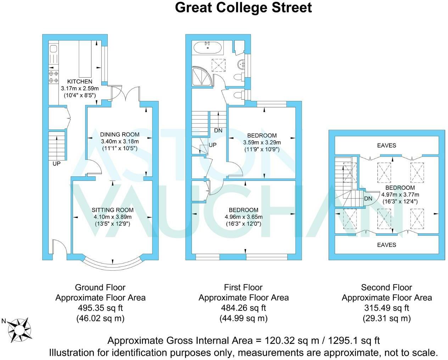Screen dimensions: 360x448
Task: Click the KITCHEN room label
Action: tap(80, 81)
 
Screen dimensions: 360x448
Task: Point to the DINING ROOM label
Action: tap(119, 135)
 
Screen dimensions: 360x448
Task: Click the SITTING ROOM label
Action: tap(113, 210)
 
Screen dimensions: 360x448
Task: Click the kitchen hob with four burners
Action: tap(54, 77)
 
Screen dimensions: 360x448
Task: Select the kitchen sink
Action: tap(54, 53)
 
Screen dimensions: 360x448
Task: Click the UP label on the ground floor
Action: tap(56, 164)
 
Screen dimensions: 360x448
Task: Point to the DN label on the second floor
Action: tap(368, 198)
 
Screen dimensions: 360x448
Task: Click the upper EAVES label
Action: tap(386, 145)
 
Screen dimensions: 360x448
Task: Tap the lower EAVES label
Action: tap(386, 245)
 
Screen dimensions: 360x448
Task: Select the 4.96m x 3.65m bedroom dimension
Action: tap(243, 217)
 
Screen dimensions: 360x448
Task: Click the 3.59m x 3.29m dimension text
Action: tap(262, 142)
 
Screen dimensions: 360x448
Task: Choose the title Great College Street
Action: tap(243, 7)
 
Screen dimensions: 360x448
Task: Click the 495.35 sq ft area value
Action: tap(100, 308)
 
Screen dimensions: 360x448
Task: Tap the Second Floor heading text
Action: tap(386, 287)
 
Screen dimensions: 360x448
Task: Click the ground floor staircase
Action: tap(57, 145)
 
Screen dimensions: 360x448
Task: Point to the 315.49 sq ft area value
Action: tap(386, 308)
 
